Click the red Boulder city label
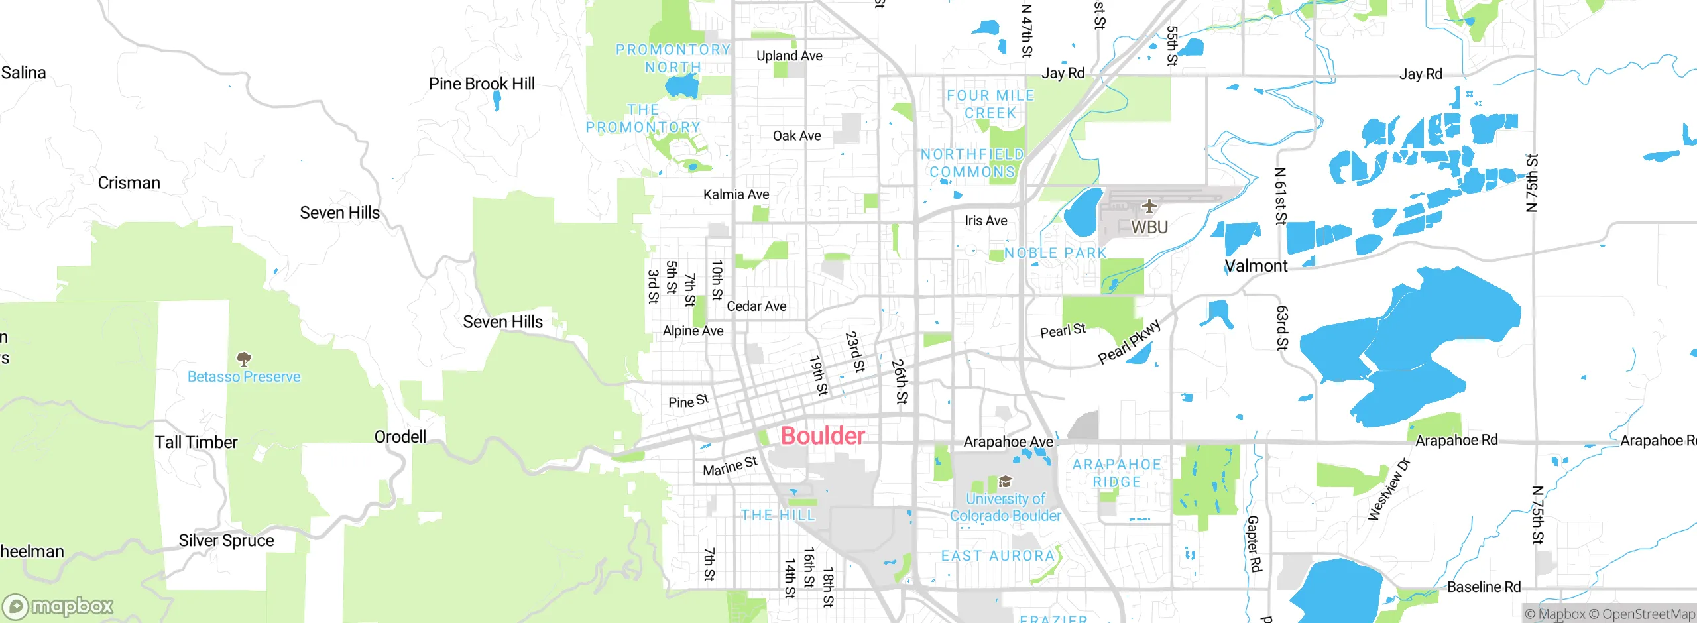click(x=823, y=435)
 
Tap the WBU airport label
click(x=1149, y=227)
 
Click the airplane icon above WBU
click(x=1149, y=206)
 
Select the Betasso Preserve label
click(x=244, y=376)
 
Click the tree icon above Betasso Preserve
click(x=244, y=359)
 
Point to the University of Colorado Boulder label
click(x=1005, y=507)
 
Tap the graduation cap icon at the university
click(x=1005, y=482)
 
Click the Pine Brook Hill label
click(x=481, y=84)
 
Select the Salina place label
click(x=24, y=72)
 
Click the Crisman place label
click(x=129, y=182)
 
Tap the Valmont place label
click(x=1256, y=266)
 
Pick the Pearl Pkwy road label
click(x=1129, y=342)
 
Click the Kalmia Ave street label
click(x=736, y=194)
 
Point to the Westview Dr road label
click(x=1389, y=488)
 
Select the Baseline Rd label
click(x=1484, y=587)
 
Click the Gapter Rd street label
click(x=1254, y=543)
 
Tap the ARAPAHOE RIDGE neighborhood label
click(x=1117, y=473)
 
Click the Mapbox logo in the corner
click(x=58, y=606)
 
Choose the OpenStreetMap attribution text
click(x=1647, y=614)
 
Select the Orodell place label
click(x=400, y=437)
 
